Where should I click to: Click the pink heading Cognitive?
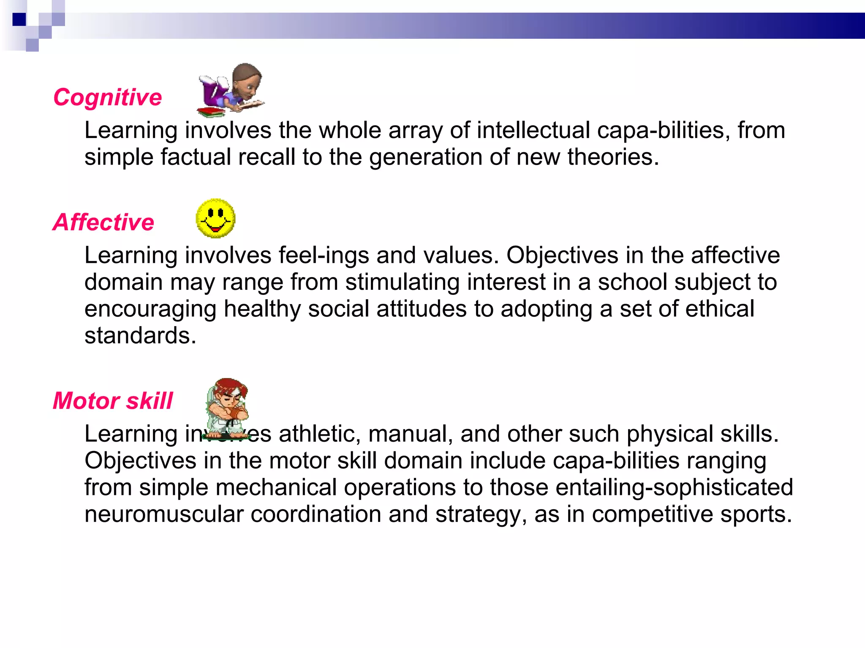point(108,98)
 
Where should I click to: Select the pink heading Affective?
point(103,222)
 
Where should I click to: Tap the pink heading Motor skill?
point(113,401)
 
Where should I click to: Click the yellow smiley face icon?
point(215,218)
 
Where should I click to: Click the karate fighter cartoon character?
point(227,407)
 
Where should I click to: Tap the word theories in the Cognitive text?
point(612,157)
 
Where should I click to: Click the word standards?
point(140,336)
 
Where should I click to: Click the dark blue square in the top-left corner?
point(19,19)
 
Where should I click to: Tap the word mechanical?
point(276,487)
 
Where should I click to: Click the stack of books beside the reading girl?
point(210,112)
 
